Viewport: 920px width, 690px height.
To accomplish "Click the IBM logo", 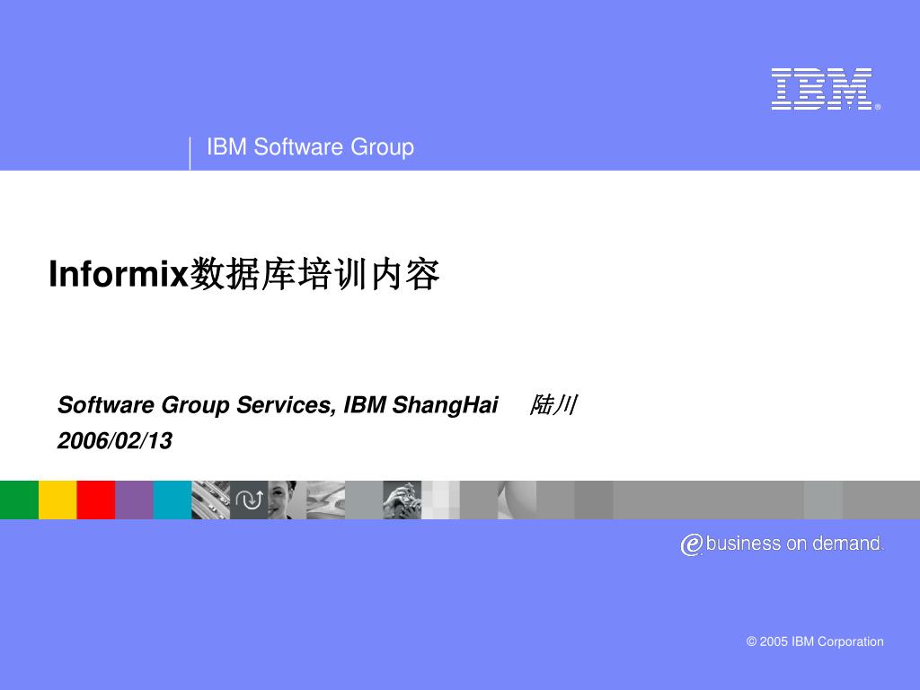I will point(821,89).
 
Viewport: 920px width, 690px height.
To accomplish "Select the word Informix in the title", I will point(117,275).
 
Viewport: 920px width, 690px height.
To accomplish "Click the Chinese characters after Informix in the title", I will point(314,275).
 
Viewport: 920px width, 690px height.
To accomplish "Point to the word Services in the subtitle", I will point(285,405).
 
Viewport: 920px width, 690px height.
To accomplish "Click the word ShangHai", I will point(446,405).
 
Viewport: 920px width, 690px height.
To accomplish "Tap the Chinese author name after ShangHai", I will point(553,405).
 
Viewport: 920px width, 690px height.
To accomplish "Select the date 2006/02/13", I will point(114,441).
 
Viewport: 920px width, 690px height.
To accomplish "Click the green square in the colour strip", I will point(19,500).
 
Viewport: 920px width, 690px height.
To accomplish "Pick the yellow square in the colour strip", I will point(57,500).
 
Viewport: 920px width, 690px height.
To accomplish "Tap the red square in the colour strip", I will point(96,500).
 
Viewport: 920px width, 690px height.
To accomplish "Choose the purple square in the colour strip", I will point(134,500).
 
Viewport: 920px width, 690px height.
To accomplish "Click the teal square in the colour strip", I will point(172,500).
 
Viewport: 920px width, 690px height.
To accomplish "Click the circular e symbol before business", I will point(691,544).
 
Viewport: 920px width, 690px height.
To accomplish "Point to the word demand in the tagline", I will point(846,544).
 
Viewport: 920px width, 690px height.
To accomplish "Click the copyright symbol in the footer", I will point(751,641).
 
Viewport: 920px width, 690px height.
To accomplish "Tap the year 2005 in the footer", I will point(774,641).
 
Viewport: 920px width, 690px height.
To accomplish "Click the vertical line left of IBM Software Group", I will point(190,153).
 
